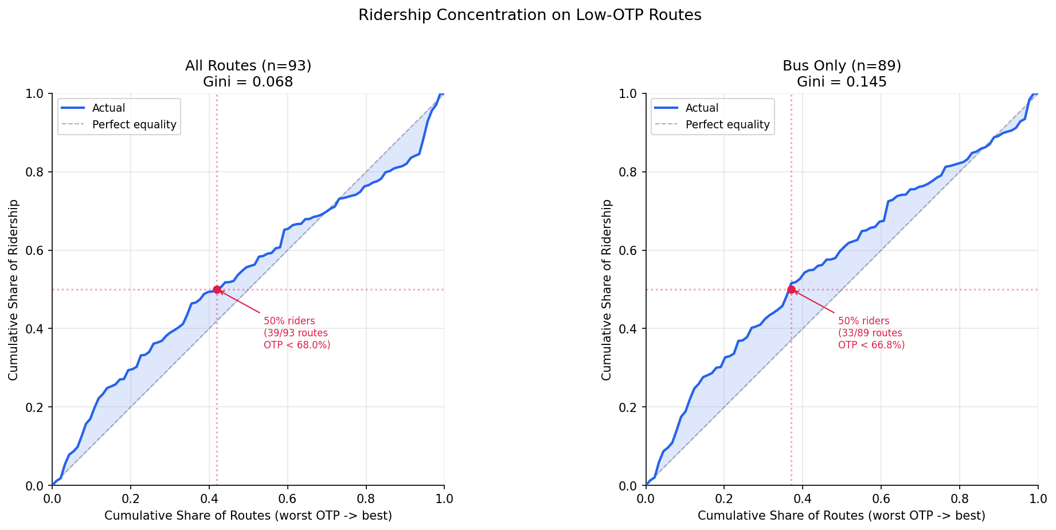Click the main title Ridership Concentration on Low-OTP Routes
pyautogui.click(x=529, y=15)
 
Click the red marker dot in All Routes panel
pyautogui.click(x=217, y=290)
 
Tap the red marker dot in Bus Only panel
pyautogui.click(x=791, y=290)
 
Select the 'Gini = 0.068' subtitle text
pyautogui.click(x=248, y=82)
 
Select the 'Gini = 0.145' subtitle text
pyautogui.click(x=841, y=82)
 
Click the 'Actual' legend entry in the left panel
pyautogui.click(x=108, y=108)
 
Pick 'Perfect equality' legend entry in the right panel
pyautogui.click(x=727, y=125)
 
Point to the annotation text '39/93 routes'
pyautogui.click(x=296, y=333)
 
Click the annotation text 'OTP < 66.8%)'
pyautogui.click(x=871, y=345)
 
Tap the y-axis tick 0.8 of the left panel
pyautogui.click(x=37, y=172)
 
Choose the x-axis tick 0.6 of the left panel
pyautogui.click(x=287, y=498)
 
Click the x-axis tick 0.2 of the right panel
pyautogui.click(x=724, y=498)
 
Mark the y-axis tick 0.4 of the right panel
pyautogui.click(x=631, y=329)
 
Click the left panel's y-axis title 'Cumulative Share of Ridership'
pyautogui.click(x=13, y=289)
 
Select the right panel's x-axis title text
pyautogui.click(x=841, y=516)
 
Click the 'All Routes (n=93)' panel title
pyautogui.click(x=248, y=66)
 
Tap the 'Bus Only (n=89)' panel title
pyautogui.click(x=841, y=66)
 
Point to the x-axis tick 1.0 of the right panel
pyautogui.click(x=1038, y=498)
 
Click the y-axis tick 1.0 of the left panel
pyautogui.click(x=37, y=93)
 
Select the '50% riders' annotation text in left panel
pyautogui.click(x=289, y=321)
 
